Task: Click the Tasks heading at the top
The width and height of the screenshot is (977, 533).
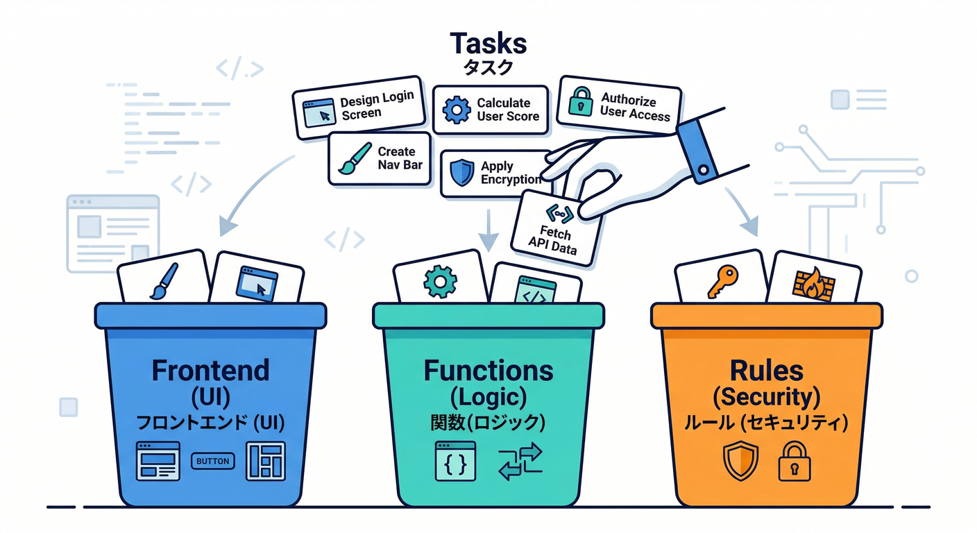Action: point(488,44)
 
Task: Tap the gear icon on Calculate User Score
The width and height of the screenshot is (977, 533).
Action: point(457,109)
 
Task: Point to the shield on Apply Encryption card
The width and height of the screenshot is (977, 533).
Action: point(461,173)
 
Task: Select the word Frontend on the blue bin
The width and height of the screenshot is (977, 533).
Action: point(210,370)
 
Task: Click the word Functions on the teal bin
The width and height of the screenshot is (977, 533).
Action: point(488,370)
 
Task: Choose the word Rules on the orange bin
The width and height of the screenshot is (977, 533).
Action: point(767,370)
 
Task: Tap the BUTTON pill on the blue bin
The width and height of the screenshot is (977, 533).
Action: point(212,461)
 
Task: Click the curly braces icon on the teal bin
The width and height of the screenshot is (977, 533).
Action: point(455,461)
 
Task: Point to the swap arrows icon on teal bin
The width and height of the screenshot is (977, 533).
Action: point(520,462)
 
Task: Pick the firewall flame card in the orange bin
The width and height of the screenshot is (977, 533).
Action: point(813,281)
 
